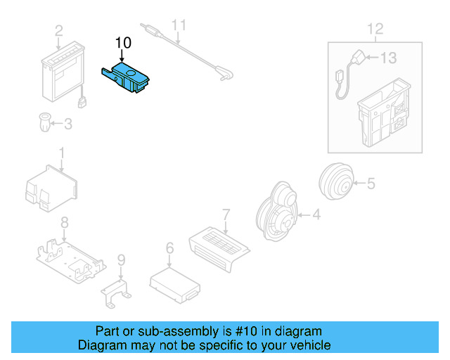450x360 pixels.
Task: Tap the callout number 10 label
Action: click(123, 43)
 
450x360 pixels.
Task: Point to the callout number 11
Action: click(180, 26)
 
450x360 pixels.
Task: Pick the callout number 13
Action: click(388, 58)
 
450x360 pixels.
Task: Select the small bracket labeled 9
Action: click(119, 291)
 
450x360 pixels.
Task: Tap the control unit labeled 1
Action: click(51, 188)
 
